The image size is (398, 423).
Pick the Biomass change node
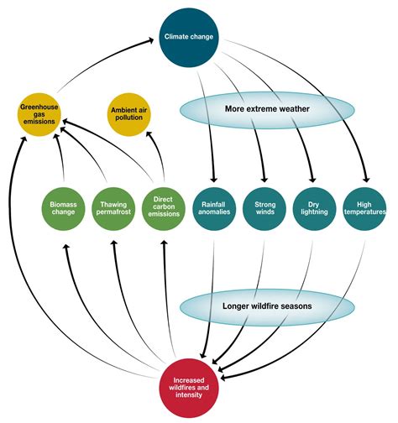[x=63, y=207]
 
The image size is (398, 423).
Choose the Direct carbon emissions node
[x=163, y=207]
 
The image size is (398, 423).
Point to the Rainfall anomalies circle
[x=214, y=207]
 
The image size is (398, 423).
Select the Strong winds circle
[x=264, y=207]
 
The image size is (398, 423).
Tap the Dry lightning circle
[x=315, y=207]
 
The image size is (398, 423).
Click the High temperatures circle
[x=365, y=207]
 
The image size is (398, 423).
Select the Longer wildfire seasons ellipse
[x=268, y=305]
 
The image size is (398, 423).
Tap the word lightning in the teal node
[x=315, y=212]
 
